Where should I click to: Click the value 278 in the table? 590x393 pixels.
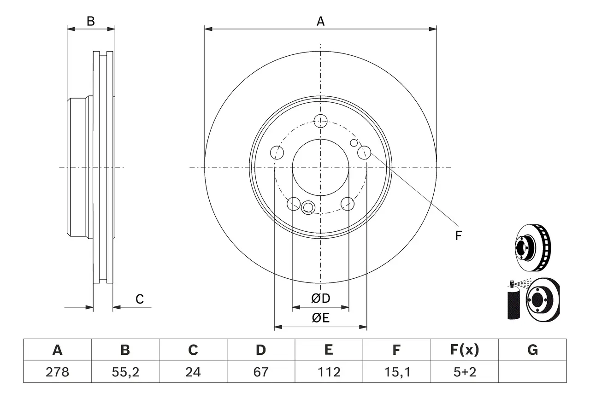click(57, 372)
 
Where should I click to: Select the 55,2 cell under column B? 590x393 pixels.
click(125, 372)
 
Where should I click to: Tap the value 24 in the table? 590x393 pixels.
click(193, 372)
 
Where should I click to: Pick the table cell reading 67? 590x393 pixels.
click(260, 372)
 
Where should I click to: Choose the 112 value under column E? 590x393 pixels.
click(328, 372)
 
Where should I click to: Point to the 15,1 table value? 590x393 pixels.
click(396, 372)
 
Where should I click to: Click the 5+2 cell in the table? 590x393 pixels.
click(464, 372)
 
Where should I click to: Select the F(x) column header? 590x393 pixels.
click(464, 350)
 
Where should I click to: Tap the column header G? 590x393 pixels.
click(532, 350)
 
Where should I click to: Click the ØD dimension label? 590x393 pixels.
click(321, 299)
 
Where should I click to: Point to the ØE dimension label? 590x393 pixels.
click(321, 318)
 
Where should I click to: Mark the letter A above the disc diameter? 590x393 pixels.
click(320, 21)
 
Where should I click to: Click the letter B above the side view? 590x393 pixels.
click(91, 21)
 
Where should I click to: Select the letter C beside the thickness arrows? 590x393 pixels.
click(140, 299)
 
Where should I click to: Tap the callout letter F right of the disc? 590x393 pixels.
click(458, 236)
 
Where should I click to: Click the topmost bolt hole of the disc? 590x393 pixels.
click(320, 121)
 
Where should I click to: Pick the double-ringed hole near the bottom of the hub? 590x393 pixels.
click(307, 207)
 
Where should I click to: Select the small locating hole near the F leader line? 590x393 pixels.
click(354, 143)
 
